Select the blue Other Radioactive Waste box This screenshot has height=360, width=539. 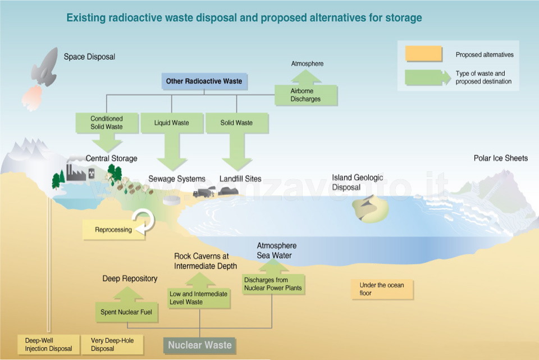pos(204,81)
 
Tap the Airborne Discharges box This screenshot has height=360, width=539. pos(305,95)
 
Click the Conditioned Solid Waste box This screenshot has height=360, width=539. pos(107,123)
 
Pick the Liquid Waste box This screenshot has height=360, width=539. pos(172,123)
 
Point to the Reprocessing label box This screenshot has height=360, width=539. pos(113,230)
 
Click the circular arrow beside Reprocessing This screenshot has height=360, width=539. pos(144,222)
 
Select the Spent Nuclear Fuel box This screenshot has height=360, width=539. pos(126,312)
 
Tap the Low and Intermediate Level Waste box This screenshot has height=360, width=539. pos(199,298)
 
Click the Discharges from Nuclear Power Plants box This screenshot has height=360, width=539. pos(273,284)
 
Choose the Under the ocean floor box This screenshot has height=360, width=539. pos(382,289)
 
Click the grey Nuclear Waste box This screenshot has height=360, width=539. pos(200,345)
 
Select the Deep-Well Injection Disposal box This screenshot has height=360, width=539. pos(48,344)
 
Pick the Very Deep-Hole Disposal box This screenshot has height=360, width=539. pos(112,344)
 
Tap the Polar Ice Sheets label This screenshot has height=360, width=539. pos(500,158)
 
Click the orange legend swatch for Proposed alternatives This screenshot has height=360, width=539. pos(423,54)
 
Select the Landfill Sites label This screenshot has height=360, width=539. pos(240,179)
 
